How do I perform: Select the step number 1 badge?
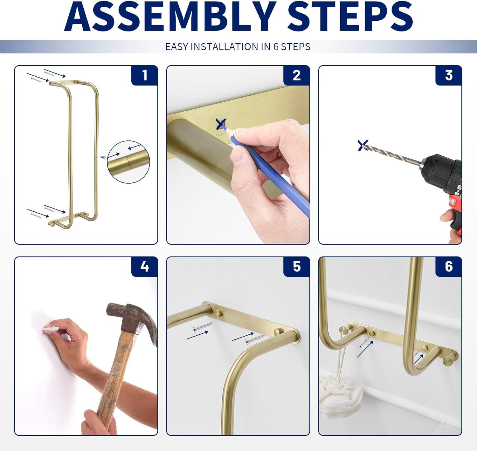(x=145, y=76)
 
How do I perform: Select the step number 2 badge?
(x=296, y=76)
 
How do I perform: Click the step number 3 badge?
(x=448, y=76)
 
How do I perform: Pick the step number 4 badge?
(x=145, y=267)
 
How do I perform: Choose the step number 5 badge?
(x=296, y=267)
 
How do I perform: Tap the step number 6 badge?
(x=448, y=267)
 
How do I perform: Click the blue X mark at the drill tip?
(x=363, y=145)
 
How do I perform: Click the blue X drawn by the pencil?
(x=221, y=124)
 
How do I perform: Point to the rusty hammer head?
(x=127, y=318)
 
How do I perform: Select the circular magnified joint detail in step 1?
(x=128, y=162)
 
